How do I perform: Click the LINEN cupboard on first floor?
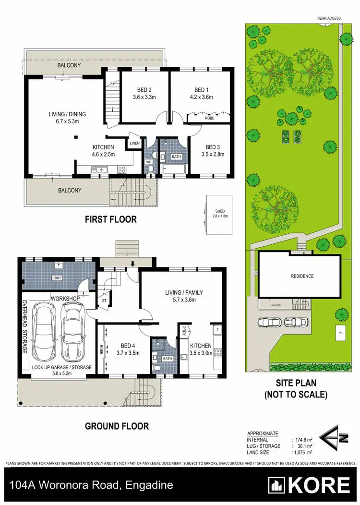pos(134,143)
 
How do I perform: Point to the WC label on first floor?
pos(149,162)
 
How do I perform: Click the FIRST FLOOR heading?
pos(111,219)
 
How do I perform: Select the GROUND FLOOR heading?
pos(117,426)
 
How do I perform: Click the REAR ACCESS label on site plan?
pos(329,18)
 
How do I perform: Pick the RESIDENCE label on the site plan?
pos(302,276)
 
